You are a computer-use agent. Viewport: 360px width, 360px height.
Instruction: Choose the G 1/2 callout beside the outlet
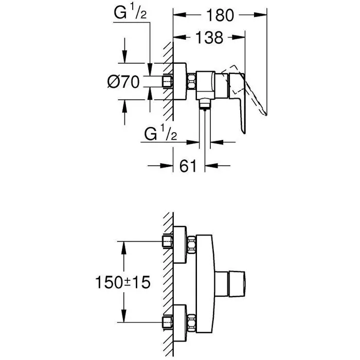click(161, 135)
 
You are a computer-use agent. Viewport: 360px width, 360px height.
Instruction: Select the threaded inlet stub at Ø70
click(167, 82)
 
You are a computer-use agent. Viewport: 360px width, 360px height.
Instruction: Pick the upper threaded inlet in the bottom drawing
click(167, 242)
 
